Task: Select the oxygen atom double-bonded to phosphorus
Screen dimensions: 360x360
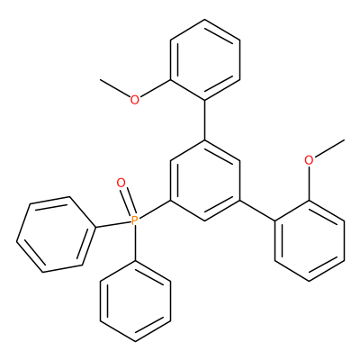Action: pyautogui.click(x=121, y=183)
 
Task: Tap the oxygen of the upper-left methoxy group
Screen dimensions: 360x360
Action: pyautogui.click(x=135, y=100)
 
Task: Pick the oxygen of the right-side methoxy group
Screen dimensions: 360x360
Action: pyautogui.click(x=309, y=160)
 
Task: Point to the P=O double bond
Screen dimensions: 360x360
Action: pyautogui.click(x=128, y=202)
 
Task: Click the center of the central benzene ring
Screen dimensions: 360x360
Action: pyautogui.click(x=204, y=181)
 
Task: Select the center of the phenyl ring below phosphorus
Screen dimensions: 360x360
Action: pyautogui.click(x=135, y=301)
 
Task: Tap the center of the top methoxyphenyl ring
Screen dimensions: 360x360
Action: pyautogui.click(x=205, y=60)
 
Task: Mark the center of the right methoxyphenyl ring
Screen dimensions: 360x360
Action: pyautogui.click(x=310, y=241)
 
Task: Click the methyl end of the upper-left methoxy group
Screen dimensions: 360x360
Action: pyautogui.click(x=101, y=80)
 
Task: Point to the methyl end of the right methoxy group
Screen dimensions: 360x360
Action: pyautogui.click(x=344, y=139)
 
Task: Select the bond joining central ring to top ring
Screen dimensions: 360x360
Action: pyautogui.click(x=205, y=121)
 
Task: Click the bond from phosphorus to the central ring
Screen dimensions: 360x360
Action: pyautogui.click(x=154, y=211)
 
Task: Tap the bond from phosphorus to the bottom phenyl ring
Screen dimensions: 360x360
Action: pyautogui.click(x=135, y=243)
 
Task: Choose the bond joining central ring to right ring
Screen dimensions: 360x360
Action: pyautogui.click(x=257, y=211)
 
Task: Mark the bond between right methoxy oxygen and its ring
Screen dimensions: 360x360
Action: pyautogui.click(x=309, y=183)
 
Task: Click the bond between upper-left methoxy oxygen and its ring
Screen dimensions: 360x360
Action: pyautogui.click(x=155, y=88)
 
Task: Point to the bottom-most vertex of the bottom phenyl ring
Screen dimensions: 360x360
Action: pyautogui.click(x=135, y=341)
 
